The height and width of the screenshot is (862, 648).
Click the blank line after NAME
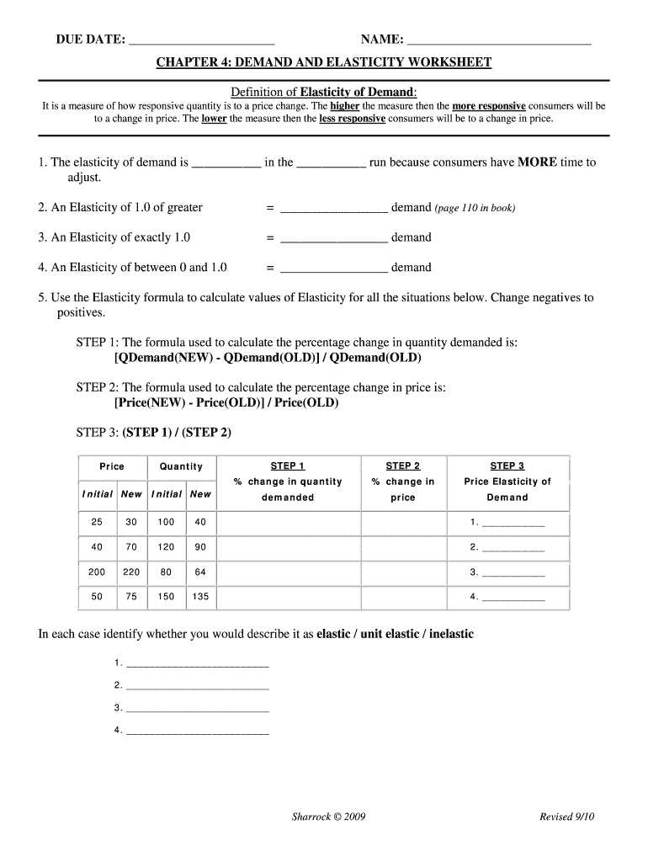coord(498,40)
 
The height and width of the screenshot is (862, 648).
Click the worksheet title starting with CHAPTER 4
coord(324,63)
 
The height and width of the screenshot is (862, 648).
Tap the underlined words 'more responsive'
coord(489,106)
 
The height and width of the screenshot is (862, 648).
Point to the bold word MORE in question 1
coord(537,162)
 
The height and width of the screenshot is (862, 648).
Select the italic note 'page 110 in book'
coord(475,208)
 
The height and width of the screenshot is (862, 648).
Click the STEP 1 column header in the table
coord(288,466)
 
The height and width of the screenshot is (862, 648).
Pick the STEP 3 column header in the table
coord(507,466)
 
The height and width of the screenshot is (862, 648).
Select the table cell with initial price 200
coord(97,572)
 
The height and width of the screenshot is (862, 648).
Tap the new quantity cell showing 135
coord(200,597)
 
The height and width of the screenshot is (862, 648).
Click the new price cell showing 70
coord(131,547)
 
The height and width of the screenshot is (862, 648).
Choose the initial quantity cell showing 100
coord(166,523)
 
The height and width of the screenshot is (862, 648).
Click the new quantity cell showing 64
coord(200,572)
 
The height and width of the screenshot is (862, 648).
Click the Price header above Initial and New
coord(112,466)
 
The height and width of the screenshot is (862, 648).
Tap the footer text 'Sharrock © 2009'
coord(327,817)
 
